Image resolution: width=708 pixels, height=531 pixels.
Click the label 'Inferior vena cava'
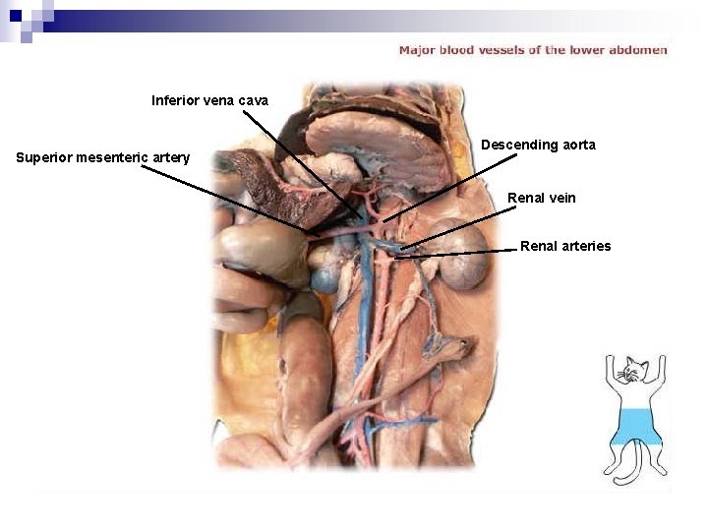pyautogui.click(x=209, y=100)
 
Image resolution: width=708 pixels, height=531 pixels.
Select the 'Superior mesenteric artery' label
pyautogui.click(x=102, y=157)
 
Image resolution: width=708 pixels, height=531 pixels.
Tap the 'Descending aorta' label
pyautogui.click(x=538, y=145)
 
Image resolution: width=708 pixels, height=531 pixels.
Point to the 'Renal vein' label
pyautogui.click(x=541, y=198)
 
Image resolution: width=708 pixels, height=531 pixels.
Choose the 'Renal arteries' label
pyautogui.click(x=565, y=246)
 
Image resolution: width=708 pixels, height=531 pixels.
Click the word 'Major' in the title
pyautogui.click(x=416, y=50)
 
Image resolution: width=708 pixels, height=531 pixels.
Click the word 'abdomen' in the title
pyautogui.click(x=639, y=50)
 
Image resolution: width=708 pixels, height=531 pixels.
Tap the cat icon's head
pyautogui.click(x=633, y=373)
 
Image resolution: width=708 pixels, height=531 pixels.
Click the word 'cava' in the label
pyautogui.click(x=252, y=100)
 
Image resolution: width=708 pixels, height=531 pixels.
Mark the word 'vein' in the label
pyautogui.click(x=561, y=198)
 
